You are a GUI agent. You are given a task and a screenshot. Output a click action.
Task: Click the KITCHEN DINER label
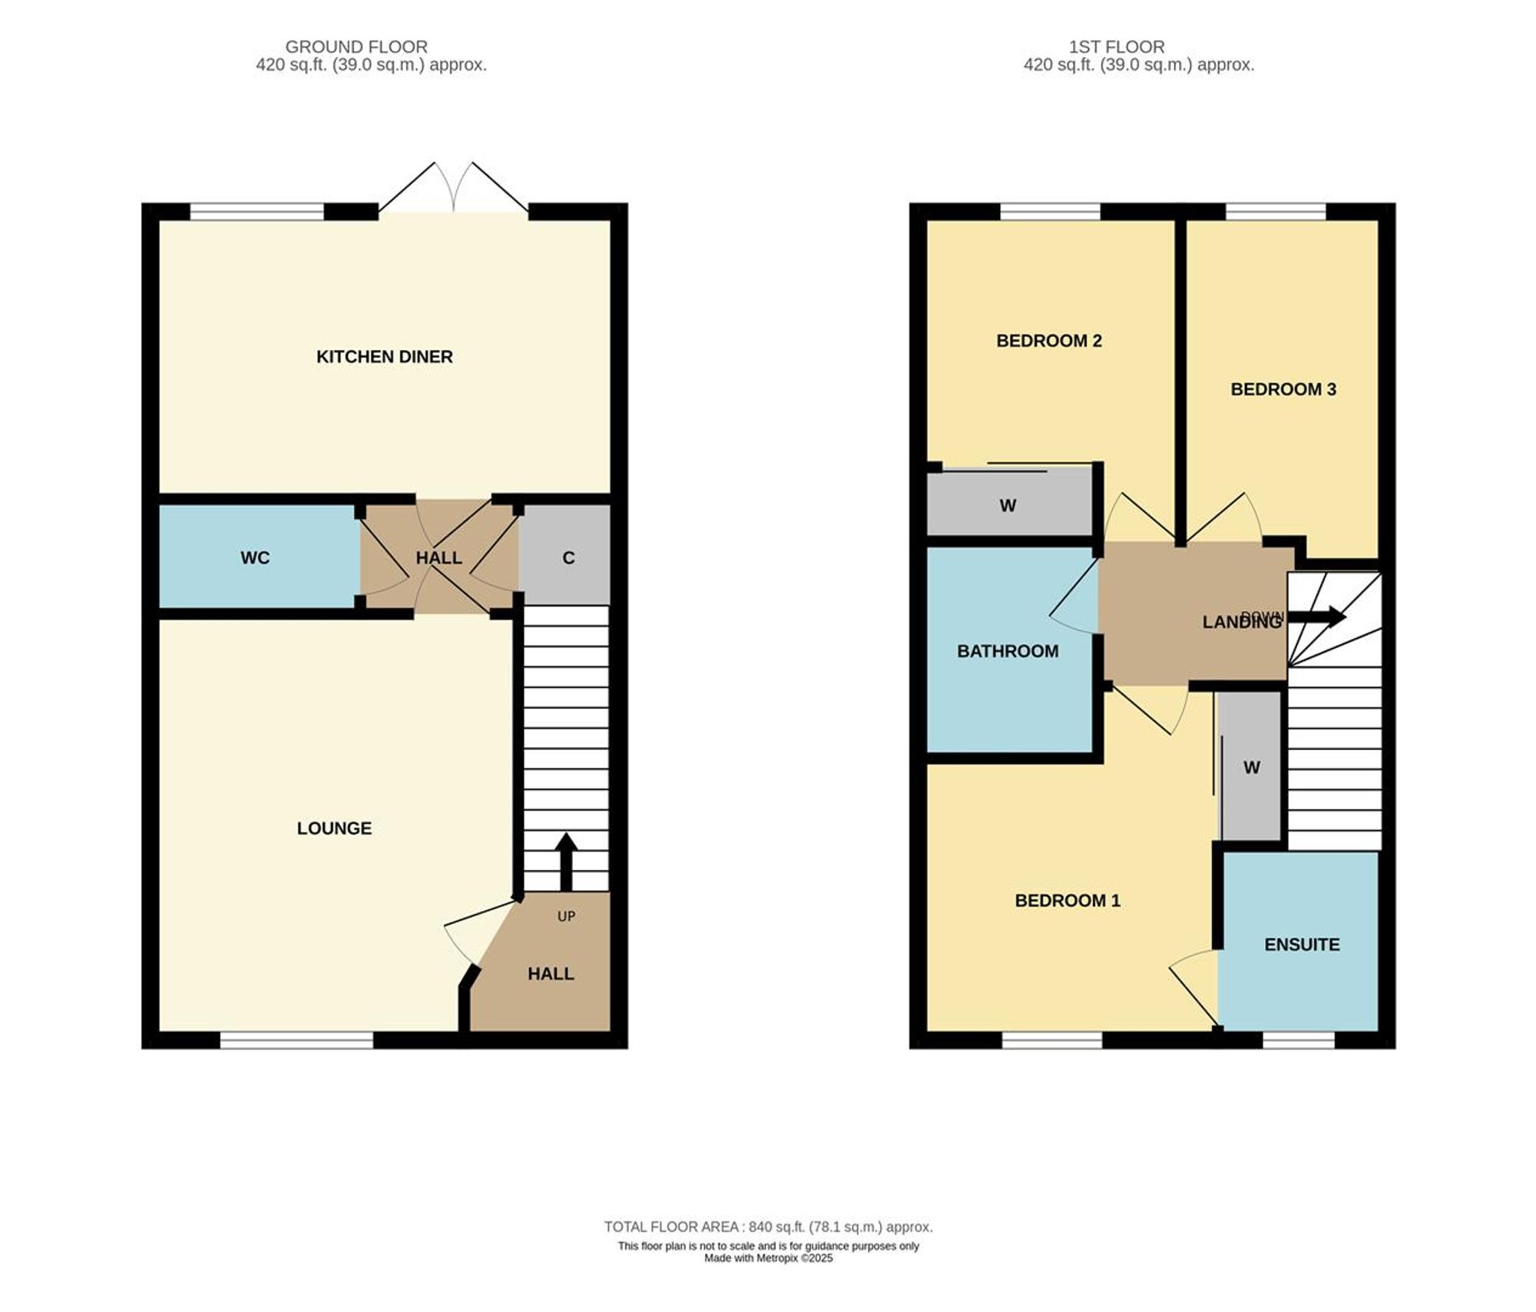point(384,357)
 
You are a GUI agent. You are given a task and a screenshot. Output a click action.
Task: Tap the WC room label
point(255,558)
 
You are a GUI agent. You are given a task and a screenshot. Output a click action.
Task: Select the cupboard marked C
point(568,558)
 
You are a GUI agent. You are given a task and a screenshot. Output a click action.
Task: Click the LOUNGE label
point(334,828)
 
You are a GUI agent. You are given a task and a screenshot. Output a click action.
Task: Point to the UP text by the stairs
point(566,916)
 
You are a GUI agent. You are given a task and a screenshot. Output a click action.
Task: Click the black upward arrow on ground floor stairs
point(566,860)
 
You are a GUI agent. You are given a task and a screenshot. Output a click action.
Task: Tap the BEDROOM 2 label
point(1048,341)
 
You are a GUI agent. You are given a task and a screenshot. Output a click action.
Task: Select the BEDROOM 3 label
point(1283,389)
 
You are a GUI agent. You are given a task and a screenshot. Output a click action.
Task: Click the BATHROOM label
point(1007,651)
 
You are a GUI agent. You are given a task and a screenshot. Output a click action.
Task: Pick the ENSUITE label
point(1302,944)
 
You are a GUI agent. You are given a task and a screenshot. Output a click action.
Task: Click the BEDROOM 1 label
point(1067,901)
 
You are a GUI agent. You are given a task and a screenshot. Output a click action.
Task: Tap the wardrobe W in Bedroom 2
point(1008,506)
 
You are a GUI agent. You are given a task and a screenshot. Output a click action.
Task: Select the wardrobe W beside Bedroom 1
point(1251,768)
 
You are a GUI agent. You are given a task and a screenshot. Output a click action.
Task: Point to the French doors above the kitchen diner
point(453,189)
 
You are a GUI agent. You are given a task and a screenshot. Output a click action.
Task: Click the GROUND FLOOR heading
point(356,47)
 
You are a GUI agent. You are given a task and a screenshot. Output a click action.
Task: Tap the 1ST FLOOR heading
point(1117,47)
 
